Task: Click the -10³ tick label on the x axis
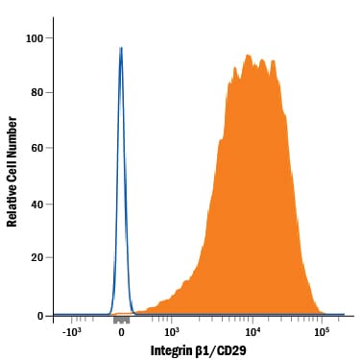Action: pyautogui.click(x=70, y=331)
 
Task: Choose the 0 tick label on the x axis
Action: pyautogui.click(x=121, y=331)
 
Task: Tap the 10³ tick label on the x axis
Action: pyautogui.click(x=164, y=331)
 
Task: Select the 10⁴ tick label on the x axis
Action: pyautogui.click(x=252, y=331)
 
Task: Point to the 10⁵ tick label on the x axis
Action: pyautogui.click(x=322, y=331)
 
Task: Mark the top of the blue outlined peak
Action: pyautogui.click(x=121, y=47)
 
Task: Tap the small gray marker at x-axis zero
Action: pyautogui.click(x=121, y=317)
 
